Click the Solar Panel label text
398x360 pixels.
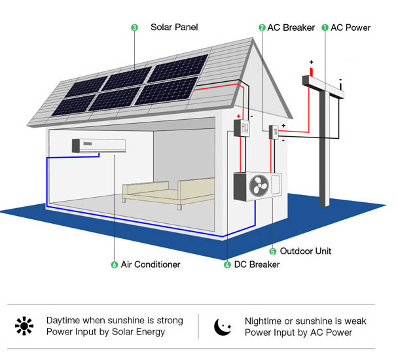click(x=174, y=27)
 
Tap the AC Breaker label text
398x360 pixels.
click(x=291, y=27)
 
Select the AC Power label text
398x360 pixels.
click(x=350, y=27)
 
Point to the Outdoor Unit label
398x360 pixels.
click(x=305, y=251)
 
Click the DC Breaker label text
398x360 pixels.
click(x=257, y=264)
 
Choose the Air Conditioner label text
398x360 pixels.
click(x=151, y=264)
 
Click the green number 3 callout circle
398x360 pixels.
click(x=134, y=27)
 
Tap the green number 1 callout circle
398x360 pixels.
click(x=325, y=27)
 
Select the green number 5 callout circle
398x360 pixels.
click(x=273, y=251)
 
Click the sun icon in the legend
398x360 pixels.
click(x=24, y=325)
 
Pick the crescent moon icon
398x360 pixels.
click(x=223, y=325)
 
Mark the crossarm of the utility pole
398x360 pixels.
click(x=323, y=86)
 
